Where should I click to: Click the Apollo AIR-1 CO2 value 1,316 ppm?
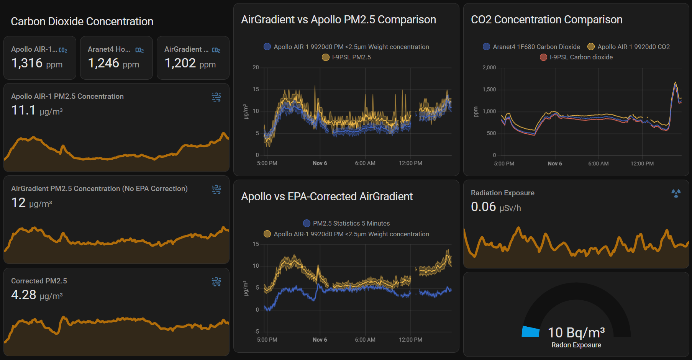(x=37, y=63)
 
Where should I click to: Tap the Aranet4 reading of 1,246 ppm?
(x=113, y=63)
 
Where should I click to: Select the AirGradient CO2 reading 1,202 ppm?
(x=190, y=63)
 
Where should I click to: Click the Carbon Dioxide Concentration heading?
(x=82, y=21)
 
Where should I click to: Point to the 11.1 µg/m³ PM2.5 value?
(x=37, y=111)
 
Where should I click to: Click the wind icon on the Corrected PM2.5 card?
(x=216, y=282)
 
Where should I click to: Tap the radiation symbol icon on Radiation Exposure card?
(x=676, y=193)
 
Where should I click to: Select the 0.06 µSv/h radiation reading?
(x=496, y=207)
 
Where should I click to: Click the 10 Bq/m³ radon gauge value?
(x=576, y=333)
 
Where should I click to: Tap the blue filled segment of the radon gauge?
(x=531, y=332)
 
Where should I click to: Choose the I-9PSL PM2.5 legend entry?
(x=346, y=57)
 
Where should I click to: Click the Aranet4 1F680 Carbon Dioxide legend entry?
(x=531, y=47)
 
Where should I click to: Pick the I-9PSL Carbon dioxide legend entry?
(x=576, y=57)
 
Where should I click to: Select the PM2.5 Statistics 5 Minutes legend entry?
(x=346, y=223)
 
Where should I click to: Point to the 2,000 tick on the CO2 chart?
(x=489, y=68)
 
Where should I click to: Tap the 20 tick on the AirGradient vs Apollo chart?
(x=256, y=68)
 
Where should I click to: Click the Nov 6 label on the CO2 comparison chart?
(x=554, y=164)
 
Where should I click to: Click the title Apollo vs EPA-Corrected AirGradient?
(x=327, y=196)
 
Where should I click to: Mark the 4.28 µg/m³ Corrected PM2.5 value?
(x=37, y=295)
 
